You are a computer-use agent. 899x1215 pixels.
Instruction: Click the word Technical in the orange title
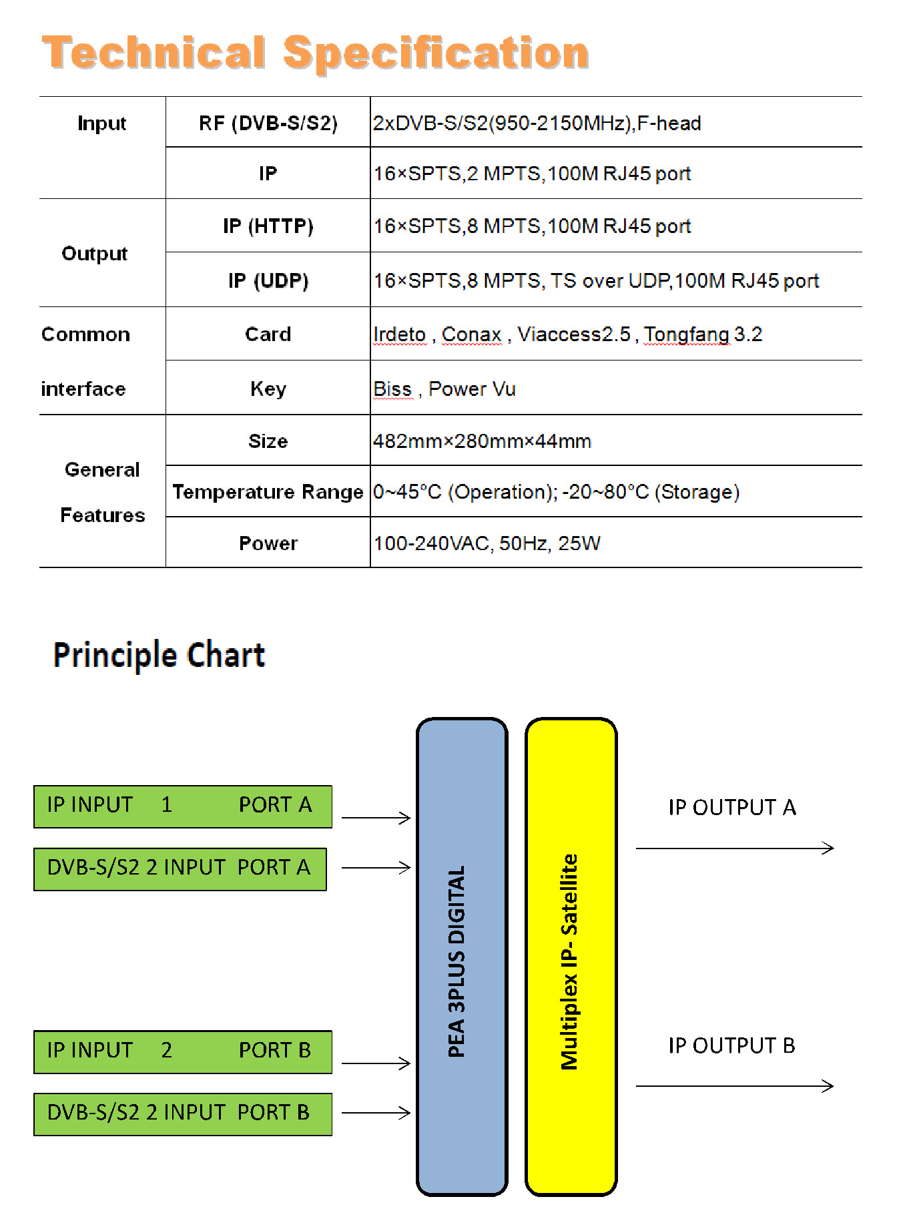pos(154,53)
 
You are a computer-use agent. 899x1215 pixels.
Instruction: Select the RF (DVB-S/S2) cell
pos(268,123)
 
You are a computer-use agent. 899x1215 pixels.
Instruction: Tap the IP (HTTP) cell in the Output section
pos(268,226)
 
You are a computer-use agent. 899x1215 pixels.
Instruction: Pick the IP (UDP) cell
pos(268,280)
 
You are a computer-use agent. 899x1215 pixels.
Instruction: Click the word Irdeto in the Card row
pos(399,334)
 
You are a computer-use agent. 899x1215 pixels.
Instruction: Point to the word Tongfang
pos(687,334)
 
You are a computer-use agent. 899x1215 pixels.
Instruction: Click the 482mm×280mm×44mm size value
pos(482,441)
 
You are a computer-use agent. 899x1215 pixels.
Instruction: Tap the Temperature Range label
pos(268,492)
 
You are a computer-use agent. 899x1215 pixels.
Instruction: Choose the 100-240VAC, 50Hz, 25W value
pos(487,543)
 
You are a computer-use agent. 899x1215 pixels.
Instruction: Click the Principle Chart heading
pos(159,655)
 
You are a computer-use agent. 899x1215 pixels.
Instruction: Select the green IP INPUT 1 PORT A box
pos(183,806)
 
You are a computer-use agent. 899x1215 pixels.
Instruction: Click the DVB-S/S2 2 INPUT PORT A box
pos(180,869)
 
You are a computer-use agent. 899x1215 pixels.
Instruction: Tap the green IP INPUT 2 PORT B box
pos(183,1052)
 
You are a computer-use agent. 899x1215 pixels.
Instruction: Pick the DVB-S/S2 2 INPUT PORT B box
pos(183,1114)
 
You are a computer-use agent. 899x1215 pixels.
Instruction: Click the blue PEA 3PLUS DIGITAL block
pos(462,957)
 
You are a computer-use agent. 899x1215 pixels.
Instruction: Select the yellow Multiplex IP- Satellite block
pos(571,957)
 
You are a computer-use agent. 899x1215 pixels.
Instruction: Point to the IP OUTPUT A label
pos(732,807)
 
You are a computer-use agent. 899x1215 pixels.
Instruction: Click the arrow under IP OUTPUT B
pos(735,1086)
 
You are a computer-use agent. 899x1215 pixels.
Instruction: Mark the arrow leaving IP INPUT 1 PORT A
pos(376,818)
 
